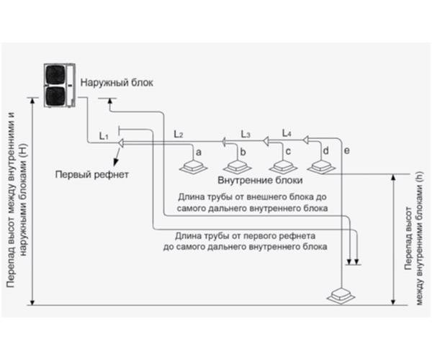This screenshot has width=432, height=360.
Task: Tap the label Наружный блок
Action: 116,84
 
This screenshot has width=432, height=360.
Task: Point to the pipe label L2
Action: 179,135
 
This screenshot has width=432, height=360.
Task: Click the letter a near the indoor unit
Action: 198,153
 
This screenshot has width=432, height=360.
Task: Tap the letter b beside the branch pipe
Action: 243,152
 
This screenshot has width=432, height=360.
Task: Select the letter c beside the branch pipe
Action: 287,152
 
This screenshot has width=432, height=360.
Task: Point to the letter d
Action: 326,151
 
